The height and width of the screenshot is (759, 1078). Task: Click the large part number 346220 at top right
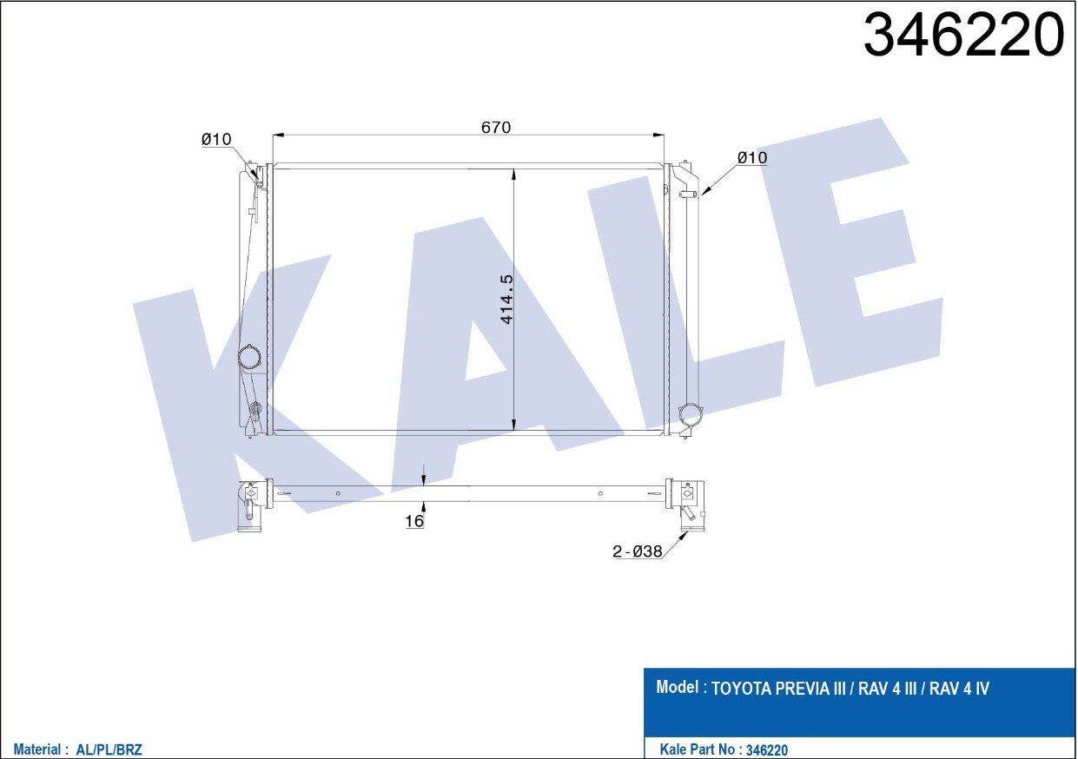(963, 36)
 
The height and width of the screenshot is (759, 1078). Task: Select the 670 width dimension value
(496, 127)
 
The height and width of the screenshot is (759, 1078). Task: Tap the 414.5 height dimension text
(507, 299)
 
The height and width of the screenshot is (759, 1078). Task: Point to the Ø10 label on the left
(215, 139)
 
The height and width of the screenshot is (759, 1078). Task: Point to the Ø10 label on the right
(751, 157)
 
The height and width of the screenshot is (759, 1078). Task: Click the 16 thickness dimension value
(414, 521)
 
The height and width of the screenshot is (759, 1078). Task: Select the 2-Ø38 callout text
(638, 551)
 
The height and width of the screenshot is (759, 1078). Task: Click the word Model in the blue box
(678, 688)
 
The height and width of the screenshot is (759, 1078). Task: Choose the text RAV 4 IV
(960, 690)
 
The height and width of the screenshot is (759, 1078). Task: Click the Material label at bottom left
(37, 749)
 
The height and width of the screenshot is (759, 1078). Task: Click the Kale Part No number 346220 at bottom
(767, 749)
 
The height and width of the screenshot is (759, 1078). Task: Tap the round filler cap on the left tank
(249, 357)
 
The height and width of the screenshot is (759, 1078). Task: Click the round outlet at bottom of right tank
(691, 414)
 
